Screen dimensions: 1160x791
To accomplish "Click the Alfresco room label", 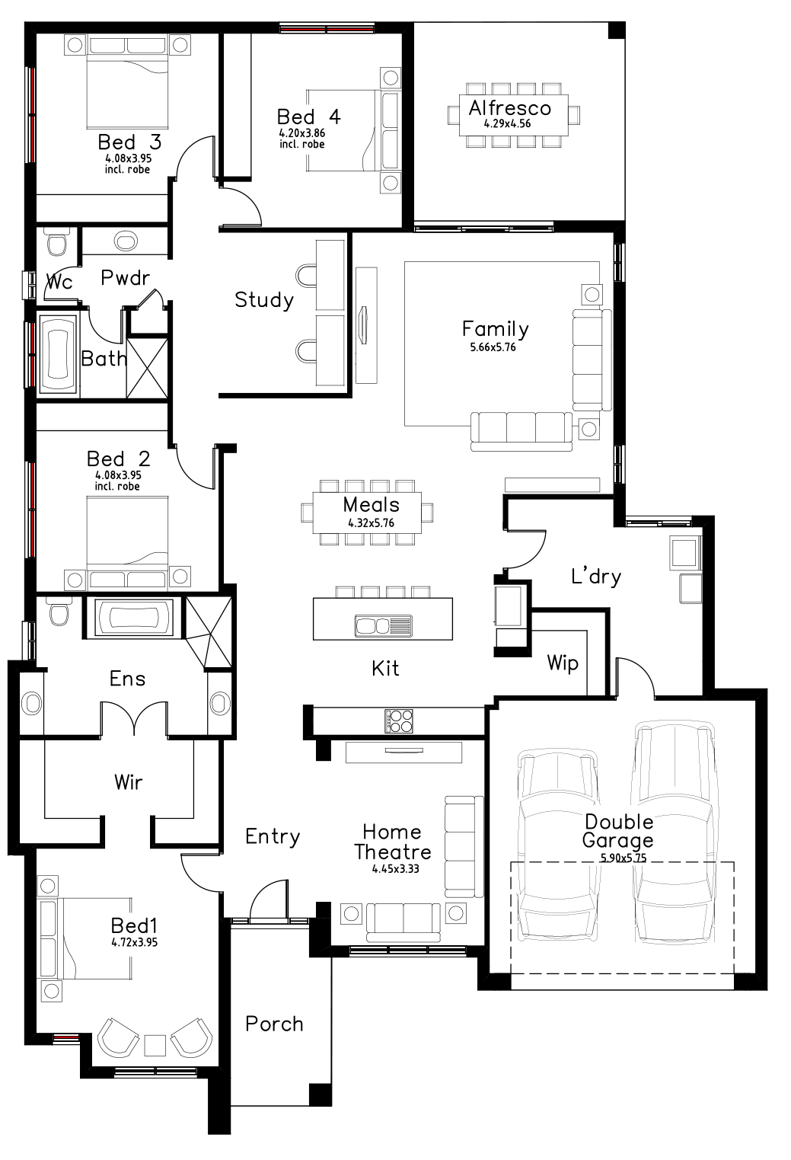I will [x=509, y=107].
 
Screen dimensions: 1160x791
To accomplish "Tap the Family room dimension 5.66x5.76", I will [x=493, y=347].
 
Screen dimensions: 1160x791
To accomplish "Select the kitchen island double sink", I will [x=382, y=625].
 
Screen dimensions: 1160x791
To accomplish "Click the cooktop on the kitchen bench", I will [x=400, y=721].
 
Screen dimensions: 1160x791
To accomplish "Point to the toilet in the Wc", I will [x=57, y=244].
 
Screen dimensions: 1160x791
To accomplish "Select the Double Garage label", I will [x=617, y=831].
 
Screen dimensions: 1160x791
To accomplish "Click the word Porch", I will [x=274, y=1024].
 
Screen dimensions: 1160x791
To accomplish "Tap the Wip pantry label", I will [x=562, y=663].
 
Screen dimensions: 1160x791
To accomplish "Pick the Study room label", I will [x=263, y=299].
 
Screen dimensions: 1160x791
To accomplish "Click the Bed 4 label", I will [x=308, y=117].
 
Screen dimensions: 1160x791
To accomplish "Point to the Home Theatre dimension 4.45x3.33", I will [x=396, y=868].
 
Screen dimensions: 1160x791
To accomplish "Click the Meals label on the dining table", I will [x=371, y=504].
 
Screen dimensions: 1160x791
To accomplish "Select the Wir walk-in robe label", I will [x=128, y=781].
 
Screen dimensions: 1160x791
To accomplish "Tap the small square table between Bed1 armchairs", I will [x=155, y=1044].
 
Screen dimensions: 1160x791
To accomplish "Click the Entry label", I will [x=273, y=836].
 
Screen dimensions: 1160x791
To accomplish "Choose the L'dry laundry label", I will [x=596, y=577].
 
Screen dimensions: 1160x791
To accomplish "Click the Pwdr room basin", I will [x=126, y=242].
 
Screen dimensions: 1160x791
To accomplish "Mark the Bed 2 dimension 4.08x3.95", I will [x=118, y=475].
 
